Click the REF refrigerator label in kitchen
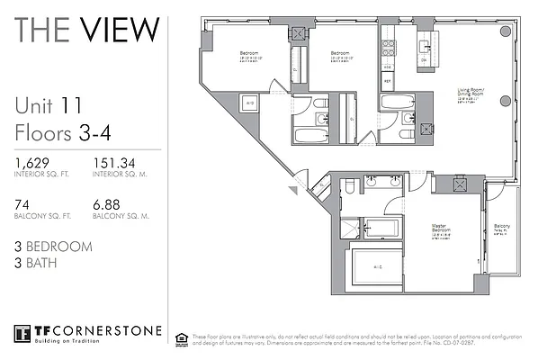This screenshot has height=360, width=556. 388,80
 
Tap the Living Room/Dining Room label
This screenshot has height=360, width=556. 471,94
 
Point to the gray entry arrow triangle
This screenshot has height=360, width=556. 292,190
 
